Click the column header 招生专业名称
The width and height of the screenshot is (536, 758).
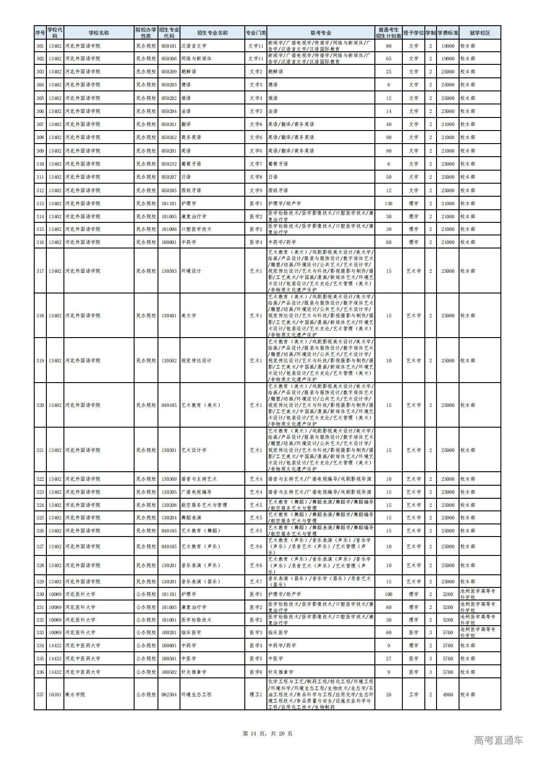pos(212,33)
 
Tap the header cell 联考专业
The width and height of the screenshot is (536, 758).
pos(320,33)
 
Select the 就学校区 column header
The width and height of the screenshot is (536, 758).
pos(479,33)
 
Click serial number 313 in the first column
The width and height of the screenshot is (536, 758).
pos(40,203)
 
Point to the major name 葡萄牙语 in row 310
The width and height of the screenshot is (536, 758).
pos(191,164)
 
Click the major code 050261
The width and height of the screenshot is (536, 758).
pos(169,124)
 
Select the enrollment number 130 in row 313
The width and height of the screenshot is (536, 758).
pos(388,203)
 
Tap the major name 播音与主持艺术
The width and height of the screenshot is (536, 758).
pos(198,479)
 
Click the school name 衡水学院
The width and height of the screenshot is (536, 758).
pos(75,695)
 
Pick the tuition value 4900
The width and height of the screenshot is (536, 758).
pos(447,695)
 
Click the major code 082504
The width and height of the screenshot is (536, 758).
pos(169,695)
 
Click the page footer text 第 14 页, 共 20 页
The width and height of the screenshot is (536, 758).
pos(267,734)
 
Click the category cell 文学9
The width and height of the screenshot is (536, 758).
pos(255,190)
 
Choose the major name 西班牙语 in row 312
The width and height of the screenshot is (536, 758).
pos(191,190)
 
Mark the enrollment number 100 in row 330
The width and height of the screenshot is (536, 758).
pos(388,594)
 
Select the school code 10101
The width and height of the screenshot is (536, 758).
pos(55,695)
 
